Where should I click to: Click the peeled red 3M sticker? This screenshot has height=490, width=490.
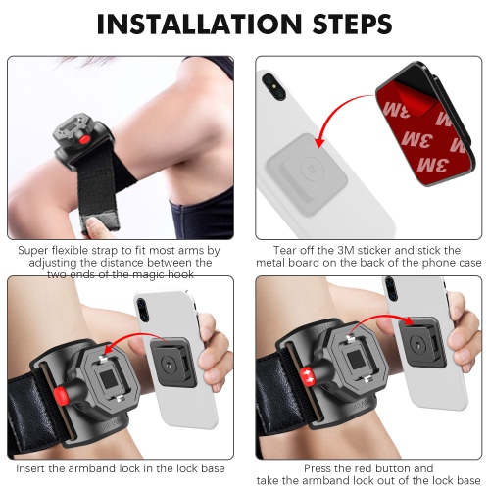coord(436,118)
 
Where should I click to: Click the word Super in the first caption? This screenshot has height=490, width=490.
coord(37,250)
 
